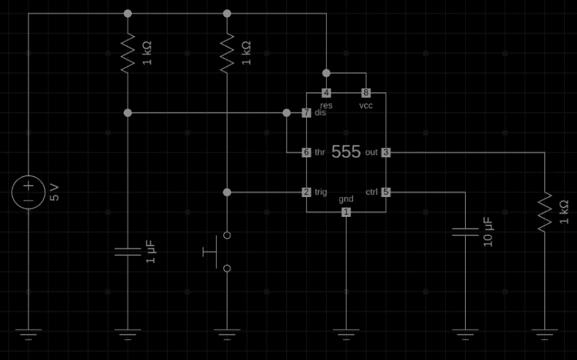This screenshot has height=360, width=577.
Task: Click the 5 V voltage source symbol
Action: pos(28,193)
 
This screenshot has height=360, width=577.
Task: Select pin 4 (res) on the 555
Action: pos(326,93)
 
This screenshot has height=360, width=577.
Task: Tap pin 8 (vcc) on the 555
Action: pos(366,93)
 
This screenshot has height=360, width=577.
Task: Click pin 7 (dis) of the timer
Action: pos(306,113)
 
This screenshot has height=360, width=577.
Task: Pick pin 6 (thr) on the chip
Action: pos(306,152)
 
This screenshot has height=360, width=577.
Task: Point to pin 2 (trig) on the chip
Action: pos(306,192)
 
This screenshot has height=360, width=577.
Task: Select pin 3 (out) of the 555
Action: pos(386,152)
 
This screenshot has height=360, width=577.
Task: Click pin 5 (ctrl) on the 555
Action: pos(386,192)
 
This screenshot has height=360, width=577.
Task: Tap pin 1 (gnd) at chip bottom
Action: pos(346,212)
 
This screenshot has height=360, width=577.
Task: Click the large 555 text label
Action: pos(346,152)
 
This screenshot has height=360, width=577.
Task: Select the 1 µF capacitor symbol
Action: pos(128,252)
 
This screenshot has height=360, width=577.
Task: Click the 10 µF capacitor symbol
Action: pos(465,232)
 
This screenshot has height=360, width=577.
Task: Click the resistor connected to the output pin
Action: pos(544,212)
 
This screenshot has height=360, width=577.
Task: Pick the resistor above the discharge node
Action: pos(128,53)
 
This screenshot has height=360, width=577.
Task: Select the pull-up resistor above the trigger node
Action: pos(227,53)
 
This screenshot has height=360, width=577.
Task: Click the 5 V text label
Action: pos(55,192)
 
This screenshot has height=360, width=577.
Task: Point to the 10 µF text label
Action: pos(488,232)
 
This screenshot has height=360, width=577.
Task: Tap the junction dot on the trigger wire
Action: pos(227,192)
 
